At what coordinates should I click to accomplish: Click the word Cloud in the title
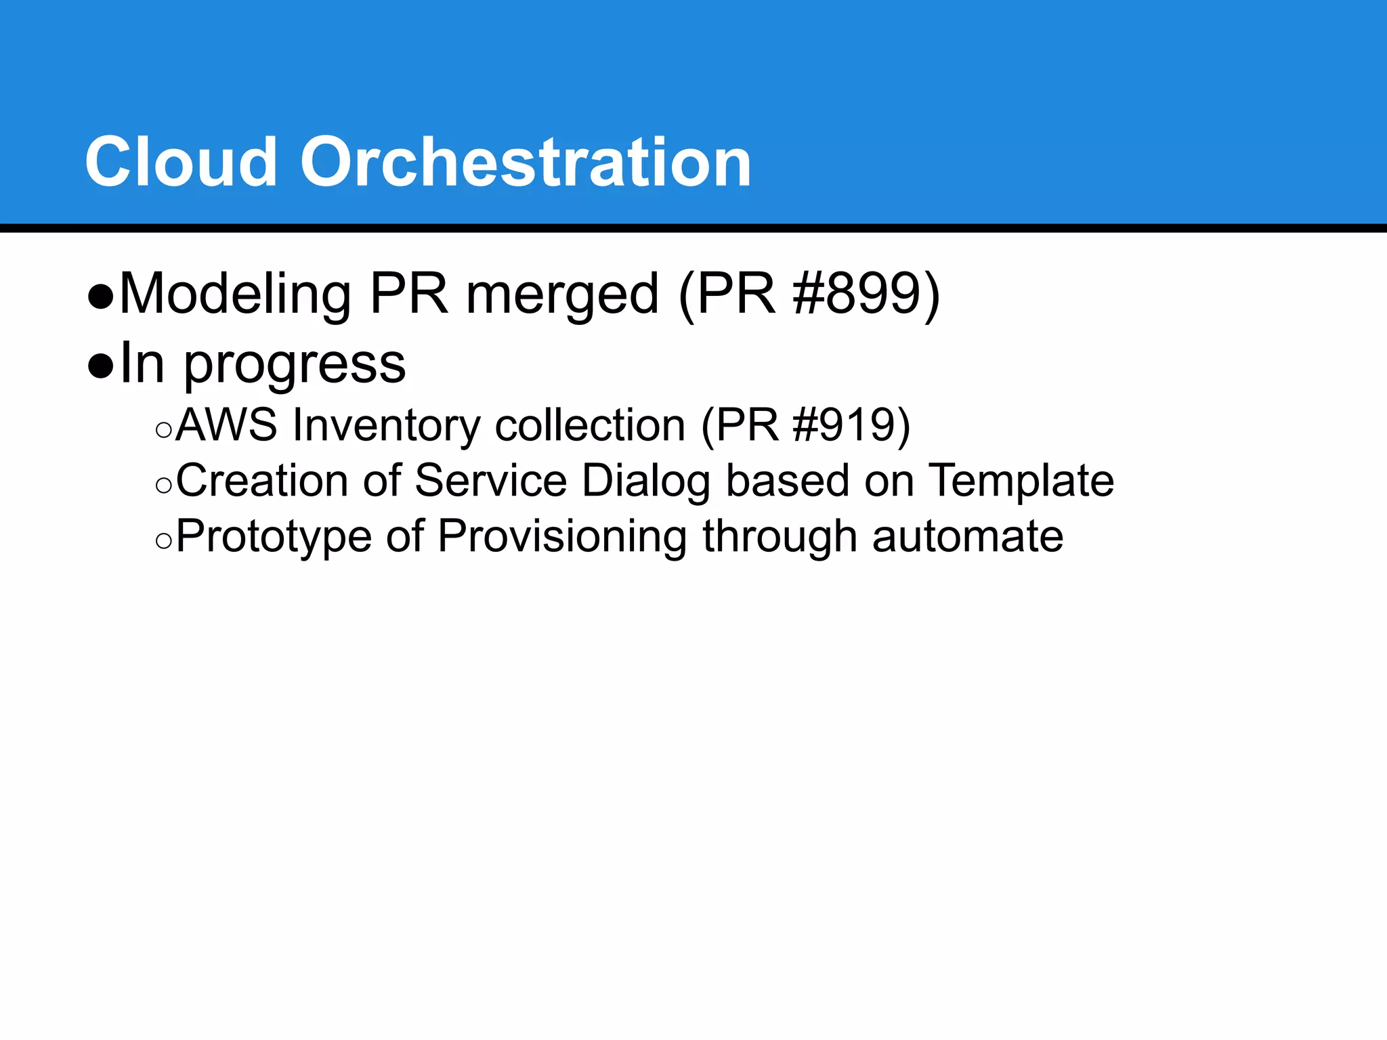181,162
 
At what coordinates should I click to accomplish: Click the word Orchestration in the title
526,162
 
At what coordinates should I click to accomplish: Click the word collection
590,425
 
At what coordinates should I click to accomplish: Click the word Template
1021,481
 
